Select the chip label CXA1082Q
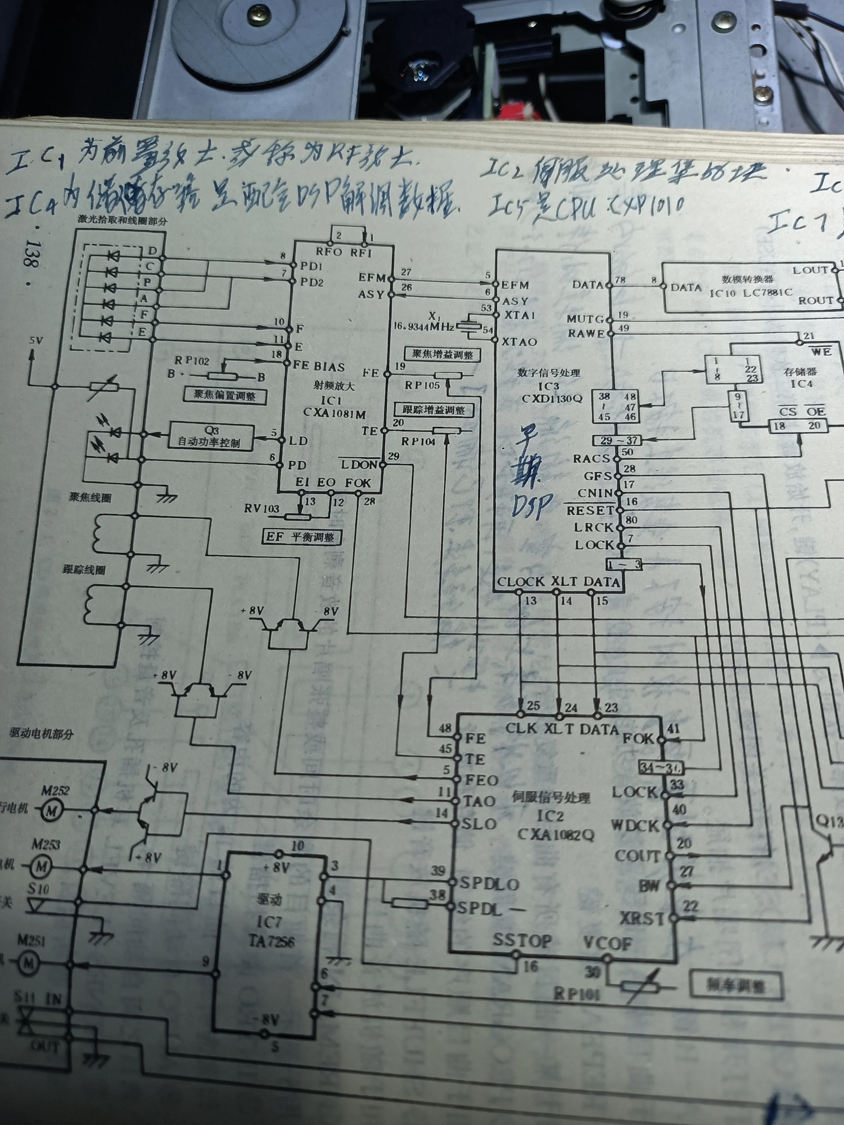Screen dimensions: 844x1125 coord(556,834)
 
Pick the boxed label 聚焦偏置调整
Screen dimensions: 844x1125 coord(224,395)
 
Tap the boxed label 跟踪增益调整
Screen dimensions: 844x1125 coord(434,410)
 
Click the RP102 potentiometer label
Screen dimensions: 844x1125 coord(192,361)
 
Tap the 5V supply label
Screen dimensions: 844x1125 coord(36,340)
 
